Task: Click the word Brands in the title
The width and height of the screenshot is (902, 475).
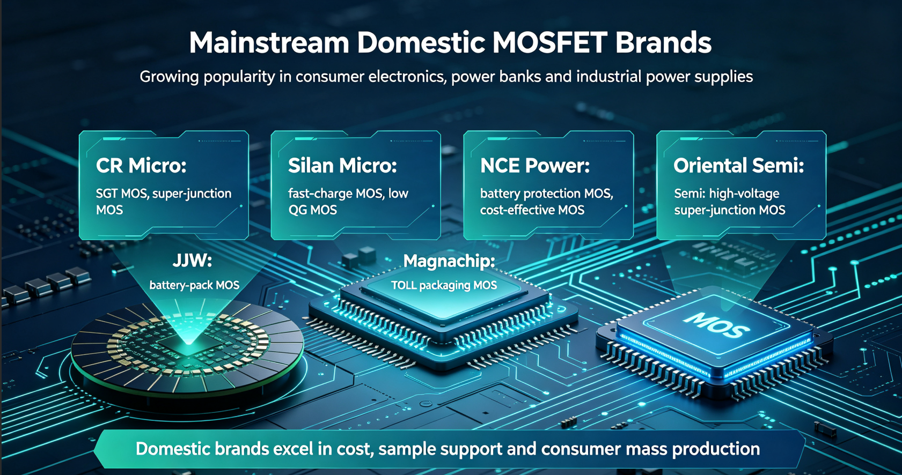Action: coord(663,43)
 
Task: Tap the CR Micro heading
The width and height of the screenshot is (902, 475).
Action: coord(141,166)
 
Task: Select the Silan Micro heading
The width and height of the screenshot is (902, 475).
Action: coord(342,166)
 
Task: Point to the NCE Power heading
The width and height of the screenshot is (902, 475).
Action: coord(535,166)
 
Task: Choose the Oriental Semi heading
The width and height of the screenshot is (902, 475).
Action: coord(738,166)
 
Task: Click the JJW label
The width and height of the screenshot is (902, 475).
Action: coord(193,261)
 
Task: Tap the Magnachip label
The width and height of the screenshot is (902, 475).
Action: coord(449,261)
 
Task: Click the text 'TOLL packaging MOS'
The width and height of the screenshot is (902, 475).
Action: coord(444,285)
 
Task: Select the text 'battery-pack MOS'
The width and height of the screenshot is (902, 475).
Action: coord(194,285)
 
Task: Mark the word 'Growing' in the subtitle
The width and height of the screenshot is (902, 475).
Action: coord(169,77)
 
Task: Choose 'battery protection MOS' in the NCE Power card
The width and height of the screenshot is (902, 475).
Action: coord(546,194)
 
